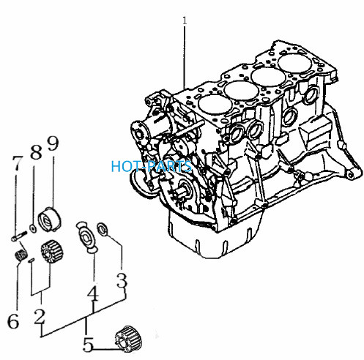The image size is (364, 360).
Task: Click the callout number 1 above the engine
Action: click(185, 20)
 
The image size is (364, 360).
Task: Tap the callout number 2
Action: click(40, 316)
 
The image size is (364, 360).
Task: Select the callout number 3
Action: click(122, 281)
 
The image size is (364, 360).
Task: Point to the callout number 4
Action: click(93, 293)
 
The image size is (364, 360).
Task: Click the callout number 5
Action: click(88, 345)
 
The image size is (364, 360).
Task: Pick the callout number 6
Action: click(13, 320)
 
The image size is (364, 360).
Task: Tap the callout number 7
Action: click(18, 163)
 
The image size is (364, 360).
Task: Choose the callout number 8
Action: click(36, 151)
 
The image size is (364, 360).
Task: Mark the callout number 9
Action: click(53, 143)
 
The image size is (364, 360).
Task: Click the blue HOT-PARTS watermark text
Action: click(151, 166)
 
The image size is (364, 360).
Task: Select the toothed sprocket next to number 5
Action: click(129, 339)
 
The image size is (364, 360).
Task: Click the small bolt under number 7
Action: click(19, 236)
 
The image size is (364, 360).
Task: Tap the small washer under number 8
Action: click(33, 228)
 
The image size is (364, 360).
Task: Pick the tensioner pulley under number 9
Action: click(50, 219)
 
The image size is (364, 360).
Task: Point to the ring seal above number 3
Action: click(102, 229)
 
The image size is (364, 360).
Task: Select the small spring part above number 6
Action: click(20, 255)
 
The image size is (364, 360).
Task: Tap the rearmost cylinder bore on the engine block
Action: click(295, 64)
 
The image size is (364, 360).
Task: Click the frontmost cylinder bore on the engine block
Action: click(215, 105)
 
